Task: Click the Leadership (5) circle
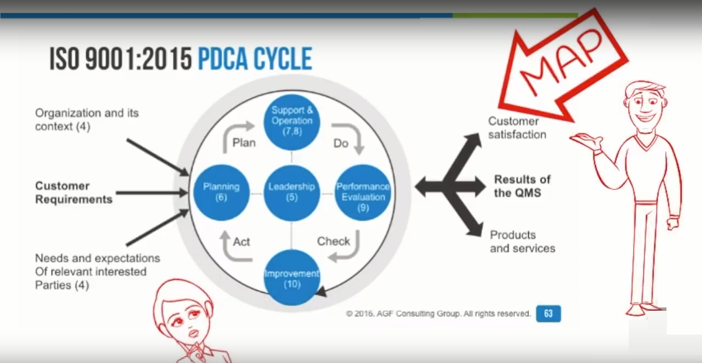[x=292, y=192]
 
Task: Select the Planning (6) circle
[x=221, y=192]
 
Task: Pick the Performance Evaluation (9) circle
[x=363, y=192]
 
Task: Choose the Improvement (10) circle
[x=292, y=278]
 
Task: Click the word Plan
[x=244, y=143]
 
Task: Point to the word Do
[x=340, y=143]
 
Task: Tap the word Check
[x=333, y=241]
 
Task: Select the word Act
[x=241, y=242]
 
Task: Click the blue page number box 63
[x=548, y=313]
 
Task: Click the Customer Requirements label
[x=74, y=192]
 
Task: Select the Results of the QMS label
[x=522, y=186]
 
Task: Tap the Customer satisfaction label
[x=517, y=128]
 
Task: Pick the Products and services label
[x=523, y=242]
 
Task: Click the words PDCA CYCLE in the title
[x=255, y=59]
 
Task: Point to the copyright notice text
[x=438, y=313]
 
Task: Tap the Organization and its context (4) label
[x=87, y=120]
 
